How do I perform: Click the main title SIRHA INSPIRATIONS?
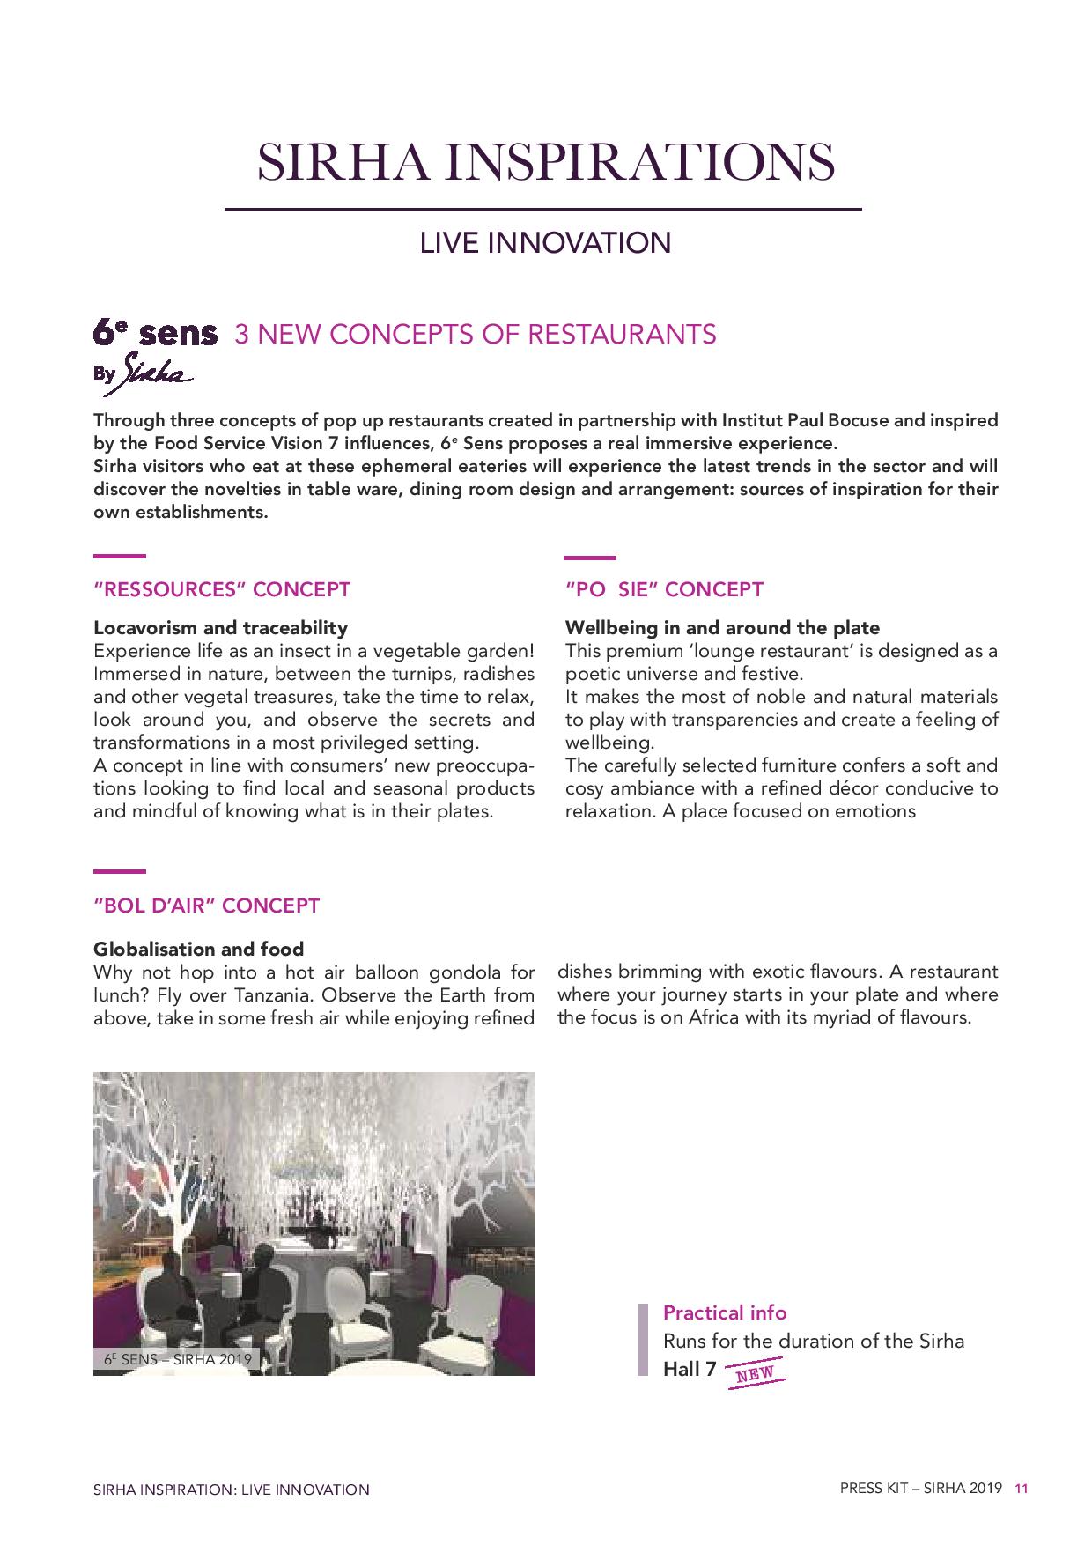(x=545, y=162)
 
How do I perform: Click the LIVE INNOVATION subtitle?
(x=545, y=242)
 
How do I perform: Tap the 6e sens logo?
(x=155, y=334)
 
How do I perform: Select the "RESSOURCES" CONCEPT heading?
(x=222, y=589)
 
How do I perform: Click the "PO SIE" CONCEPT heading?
(x=664, y=589)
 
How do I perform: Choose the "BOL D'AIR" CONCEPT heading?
(x=206, y=906)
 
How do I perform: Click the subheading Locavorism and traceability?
(x=220, y=628)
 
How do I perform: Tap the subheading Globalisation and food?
(x=198, y=949)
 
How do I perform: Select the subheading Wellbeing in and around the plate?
(x=722, y=628)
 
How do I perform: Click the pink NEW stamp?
(x=755, y=1373)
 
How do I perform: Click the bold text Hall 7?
(x=690, y=1370)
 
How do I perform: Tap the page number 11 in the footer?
(x=1022, y=1489)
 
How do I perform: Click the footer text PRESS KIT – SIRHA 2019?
(x=920, y=1489)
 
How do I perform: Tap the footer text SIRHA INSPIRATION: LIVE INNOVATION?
(x=231, y=1490)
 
